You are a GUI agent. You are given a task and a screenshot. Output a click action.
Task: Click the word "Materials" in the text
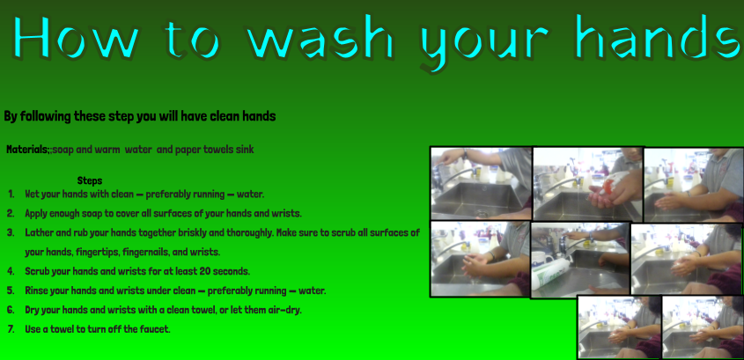click(x=27, y=150)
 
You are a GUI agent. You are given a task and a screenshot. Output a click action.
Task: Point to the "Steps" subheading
click(x=90, y=180)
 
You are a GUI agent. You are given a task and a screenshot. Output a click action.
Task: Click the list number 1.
click(x=11, y=194)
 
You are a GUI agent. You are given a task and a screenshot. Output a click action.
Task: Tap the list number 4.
click(x=11, y=271)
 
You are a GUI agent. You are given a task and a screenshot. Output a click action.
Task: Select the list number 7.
click(x=11, y=328)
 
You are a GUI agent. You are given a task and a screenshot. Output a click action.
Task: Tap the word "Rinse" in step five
click(x=37, y=290)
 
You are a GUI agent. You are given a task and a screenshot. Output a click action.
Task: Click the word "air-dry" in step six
click(x=284, y=310)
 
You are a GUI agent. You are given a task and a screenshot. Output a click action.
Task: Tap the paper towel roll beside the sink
click(x=550, y=274)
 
